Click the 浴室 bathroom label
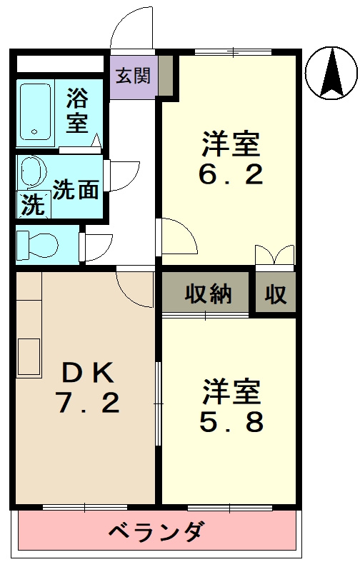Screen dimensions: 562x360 (78, 110)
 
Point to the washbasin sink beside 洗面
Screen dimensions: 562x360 (31, 172)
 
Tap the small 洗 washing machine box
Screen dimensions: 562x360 (31, 206)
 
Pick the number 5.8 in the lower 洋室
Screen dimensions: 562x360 (230, 423)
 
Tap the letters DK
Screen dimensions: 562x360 (86, 372)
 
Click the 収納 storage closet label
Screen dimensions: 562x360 (208, 293)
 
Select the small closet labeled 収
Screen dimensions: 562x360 (276, 293)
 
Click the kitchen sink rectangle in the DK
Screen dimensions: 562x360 (29, 356)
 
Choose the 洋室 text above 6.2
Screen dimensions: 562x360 (230, 145)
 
